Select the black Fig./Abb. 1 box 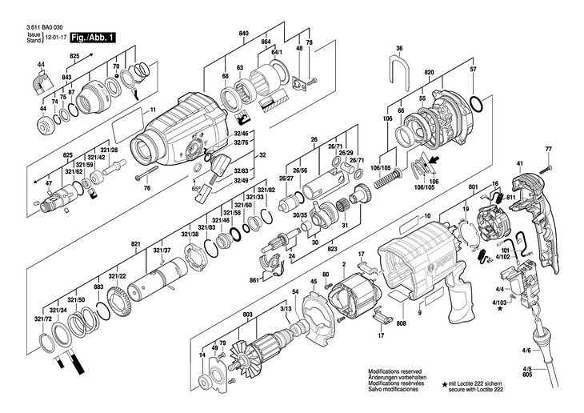92,38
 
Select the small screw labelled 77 549,167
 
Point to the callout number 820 429,71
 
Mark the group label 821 135,243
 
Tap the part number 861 254,281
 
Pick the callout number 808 401,323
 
